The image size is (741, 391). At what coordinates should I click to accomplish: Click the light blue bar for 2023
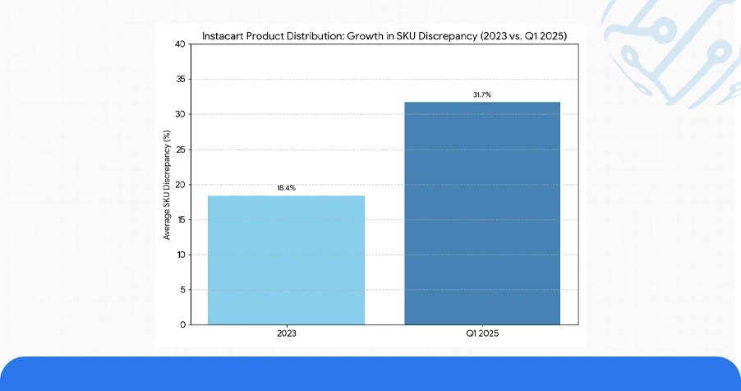pyautogui.click(x=286, y=260)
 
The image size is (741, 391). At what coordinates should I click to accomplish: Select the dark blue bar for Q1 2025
pyautogui.click(x=481, y=213)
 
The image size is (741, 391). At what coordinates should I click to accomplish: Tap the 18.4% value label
pyautogui.click(x=286, y=188)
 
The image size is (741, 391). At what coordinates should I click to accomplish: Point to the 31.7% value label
pyautogui.click(x=481, y=95)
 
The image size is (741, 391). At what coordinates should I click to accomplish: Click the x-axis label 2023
pyautogui.click(x=286, y=334)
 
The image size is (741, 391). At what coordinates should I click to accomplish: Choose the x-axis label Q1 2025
pyautogui.click(x=481, y=334)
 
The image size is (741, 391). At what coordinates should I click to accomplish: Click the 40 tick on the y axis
pyautogui.click(x=180, y=44)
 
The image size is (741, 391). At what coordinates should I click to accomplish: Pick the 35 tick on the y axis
pyautogui.click(x=180, y=80)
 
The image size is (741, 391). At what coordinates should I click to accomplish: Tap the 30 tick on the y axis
pyautogui.click(x=180, y=114)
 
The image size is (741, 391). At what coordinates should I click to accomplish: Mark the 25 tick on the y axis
pyautogui.click(x=180, y=149)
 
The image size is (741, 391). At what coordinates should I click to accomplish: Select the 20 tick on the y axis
pyautogui.click(x=180, y=185)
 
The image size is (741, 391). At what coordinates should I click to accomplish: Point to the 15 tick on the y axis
pyautogui.click(x=180, y=219)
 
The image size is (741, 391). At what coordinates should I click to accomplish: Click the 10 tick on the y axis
pyautogui.click(x=180, y=255)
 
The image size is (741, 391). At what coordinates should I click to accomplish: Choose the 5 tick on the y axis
pyautogui.click(x=182, y=289)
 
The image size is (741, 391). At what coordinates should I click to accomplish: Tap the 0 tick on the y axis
pyautogui.click(x=182, y=324)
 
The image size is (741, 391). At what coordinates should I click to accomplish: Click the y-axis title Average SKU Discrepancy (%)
pyautogui.click(x=167, y=185)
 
